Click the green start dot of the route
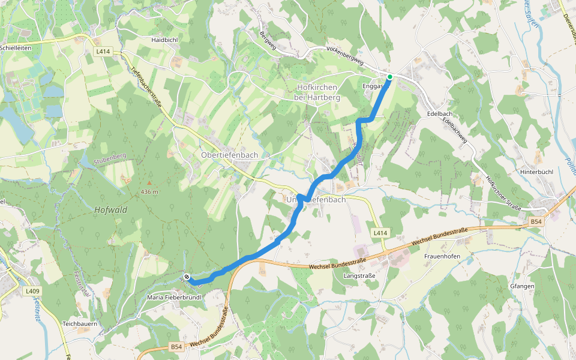389,77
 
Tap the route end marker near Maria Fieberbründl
187,277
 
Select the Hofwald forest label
111,209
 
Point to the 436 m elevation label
150,191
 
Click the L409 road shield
33,292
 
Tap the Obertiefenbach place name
229,155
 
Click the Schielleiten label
16,47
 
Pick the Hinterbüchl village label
536,172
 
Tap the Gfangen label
522,286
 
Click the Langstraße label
359,276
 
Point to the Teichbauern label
80,323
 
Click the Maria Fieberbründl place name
173,297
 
